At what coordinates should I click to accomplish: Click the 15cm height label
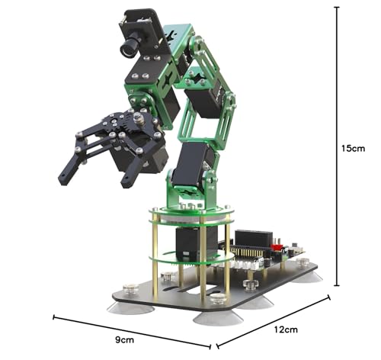(x=353, y=148)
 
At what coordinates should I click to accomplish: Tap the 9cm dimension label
(x=124, y=339)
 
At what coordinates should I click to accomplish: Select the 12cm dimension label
(x=286, y=329)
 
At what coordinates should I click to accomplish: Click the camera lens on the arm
(x=128, y=47)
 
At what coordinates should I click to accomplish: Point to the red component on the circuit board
(x=277, y=247)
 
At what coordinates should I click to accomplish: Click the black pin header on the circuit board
(x=254, y=238)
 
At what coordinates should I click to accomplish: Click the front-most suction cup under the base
(x=218, y=319)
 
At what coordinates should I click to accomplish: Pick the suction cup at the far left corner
(x=130, y=308)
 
